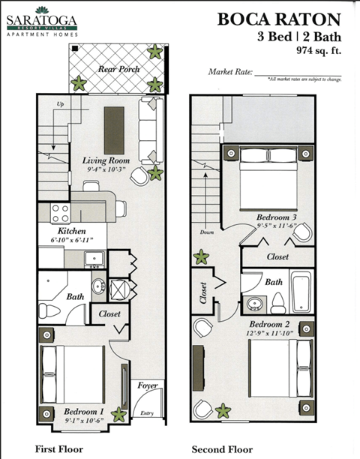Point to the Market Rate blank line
[x=296, y=73]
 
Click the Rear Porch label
[x=118, y=69]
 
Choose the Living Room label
[x=106, y=160]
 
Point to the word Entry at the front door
[x=147, y=412]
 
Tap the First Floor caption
[x=59, y=449]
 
